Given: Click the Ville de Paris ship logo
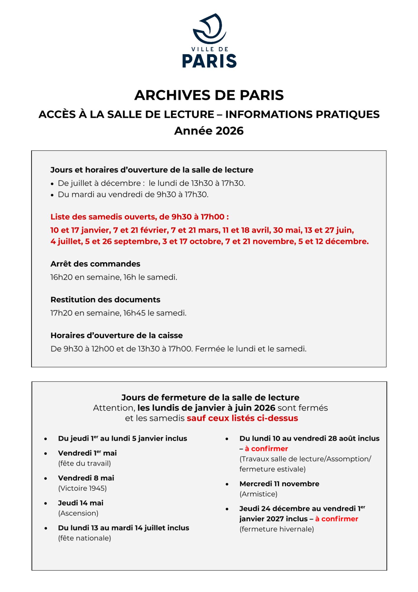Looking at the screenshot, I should (209, 29).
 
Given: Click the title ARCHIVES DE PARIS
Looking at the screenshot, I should (209, 95).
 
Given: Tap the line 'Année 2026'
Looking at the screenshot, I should (209, 131).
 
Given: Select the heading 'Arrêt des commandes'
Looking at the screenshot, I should (95, 264).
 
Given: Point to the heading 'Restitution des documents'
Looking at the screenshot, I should (105, 300).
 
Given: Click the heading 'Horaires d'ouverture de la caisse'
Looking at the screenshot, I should (116, 335).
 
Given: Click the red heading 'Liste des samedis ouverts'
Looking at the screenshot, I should (139, 217).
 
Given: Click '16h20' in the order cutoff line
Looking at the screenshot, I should (61, 277).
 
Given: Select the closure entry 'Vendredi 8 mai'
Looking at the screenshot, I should (86, 478).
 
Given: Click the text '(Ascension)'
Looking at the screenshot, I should (78, 513).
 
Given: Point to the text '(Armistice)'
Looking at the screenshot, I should (258, 494).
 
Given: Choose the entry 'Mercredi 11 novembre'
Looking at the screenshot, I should (279, 484).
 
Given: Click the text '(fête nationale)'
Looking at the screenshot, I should (84, 538).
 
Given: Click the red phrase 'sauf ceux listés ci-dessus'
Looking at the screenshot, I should (242, 418).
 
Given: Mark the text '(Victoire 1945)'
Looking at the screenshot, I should (82, 488).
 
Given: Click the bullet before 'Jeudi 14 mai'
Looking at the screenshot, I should (46, 503).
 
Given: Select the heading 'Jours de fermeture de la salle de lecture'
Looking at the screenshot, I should (210, 397).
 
